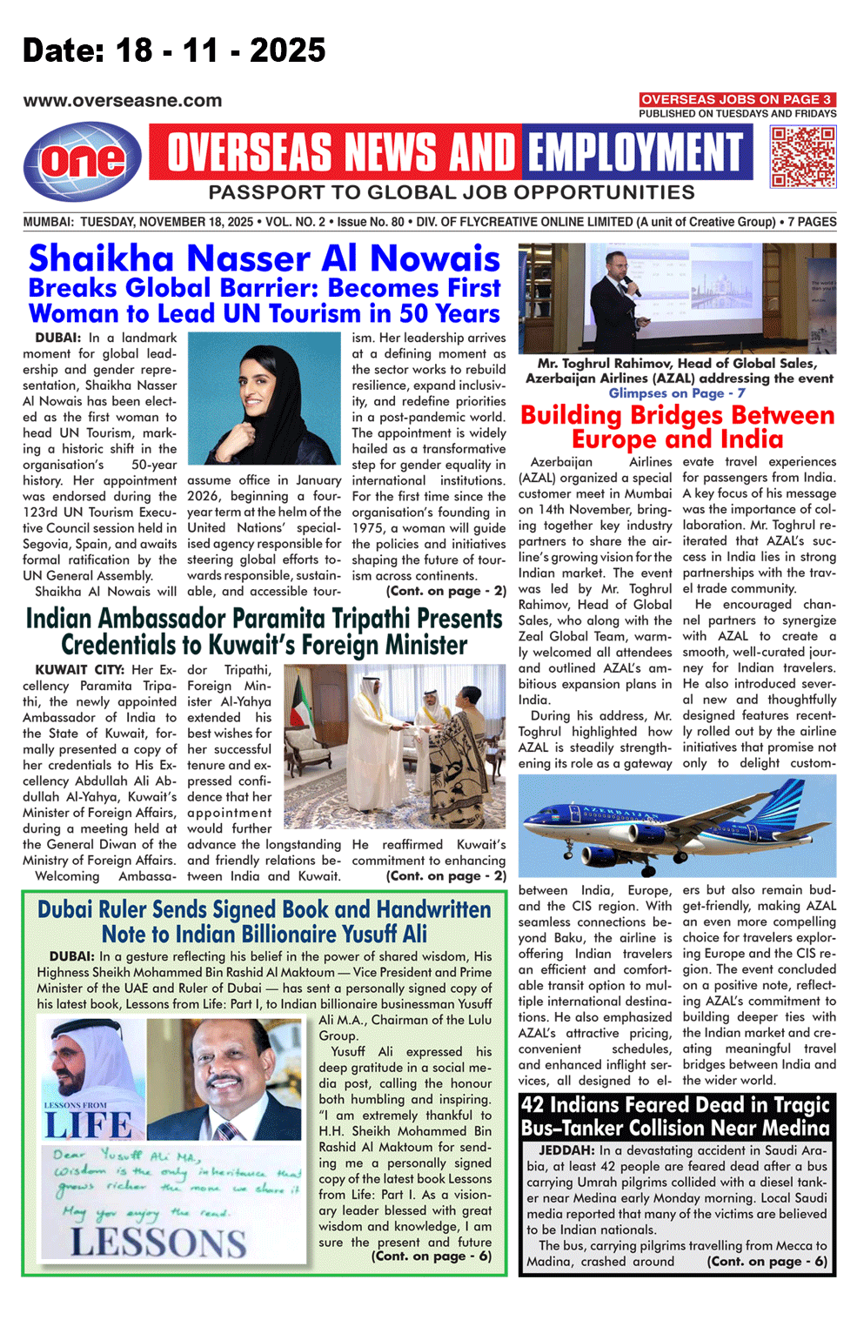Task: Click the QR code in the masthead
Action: point(802,157)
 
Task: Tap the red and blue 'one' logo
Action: point(83,161)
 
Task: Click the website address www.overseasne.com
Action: point(123,101)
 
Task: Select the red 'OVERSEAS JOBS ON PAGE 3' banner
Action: point(737,99)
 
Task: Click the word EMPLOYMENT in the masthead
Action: point(636,152)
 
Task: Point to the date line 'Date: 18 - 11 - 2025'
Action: point(174,50)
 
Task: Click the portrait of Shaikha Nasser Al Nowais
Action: point(264,399)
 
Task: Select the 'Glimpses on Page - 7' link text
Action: point(677,393)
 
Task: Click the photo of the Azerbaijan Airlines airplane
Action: point(677,826)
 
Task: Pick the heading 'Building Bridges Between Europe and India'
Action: point(677,426)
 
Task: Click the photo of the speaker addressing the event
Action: point(677,298)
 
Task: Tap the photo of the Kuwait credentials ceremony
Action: point(395,746)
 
